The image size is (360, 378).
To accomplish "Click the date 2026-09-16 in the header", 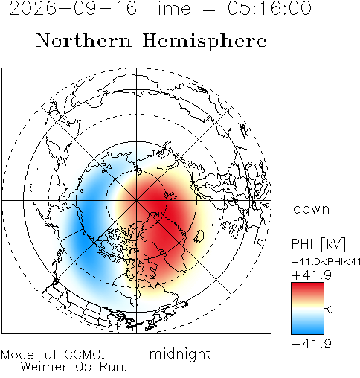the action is tap(73, 8).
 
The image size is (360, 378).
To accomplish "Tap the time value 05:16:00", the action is tap(269, 8).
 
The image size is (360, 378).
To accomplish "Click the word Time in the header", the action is tap(169, 8).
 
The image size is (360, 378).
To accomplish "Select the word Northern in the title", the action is tap(84, 41).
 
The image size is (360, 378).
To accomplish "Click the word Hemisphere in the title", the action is tap(205, 42).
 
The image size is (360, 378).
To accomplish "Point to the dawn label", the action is tap(312, 209).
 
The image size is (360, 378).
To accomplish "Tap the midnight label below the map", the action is tap(180, 353).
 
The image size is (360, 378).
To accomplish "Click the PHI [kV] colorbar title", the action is tap(318, 244).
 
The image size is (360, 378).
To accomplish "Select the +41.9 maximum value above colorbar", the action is tap(312, 275).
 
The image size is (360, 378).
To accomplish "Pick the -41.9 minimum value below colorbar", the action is tap(312, 344).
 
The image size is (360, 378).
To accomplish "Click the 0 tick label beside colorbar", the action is tap(330, 310).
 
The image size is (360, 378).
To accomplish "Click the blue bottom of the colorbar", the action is tap(307, 327).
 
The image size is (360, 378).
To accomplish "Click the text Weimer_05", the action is tap(57, 367).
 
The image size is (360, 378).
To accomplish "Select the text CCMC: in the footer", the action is tap(85, 355).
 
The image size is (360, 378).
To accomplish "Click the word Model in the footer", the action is tap(19, 355).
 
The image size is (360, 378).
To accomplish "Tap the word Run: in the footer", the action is tap(114, 367).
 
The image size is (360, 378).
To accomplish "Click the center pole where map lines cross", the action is tap(136, 200).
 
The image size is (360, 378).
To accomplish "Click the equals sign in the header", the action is tap(209, 9).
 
